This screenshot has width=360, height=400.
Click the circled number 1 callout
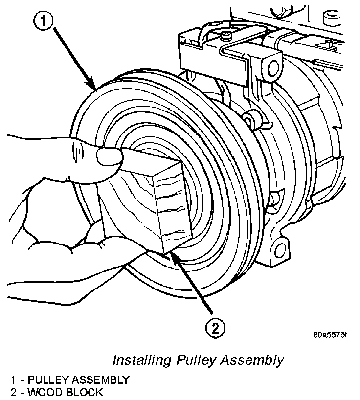(x=44, y=22)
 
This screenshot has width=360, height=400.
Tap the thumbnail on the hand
(x=109, y=156)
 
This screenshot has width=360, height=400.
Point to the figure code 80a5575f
(x=330, y=336)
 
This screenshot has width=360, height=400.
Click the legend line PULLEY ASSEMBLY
(x=78, y=379)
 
